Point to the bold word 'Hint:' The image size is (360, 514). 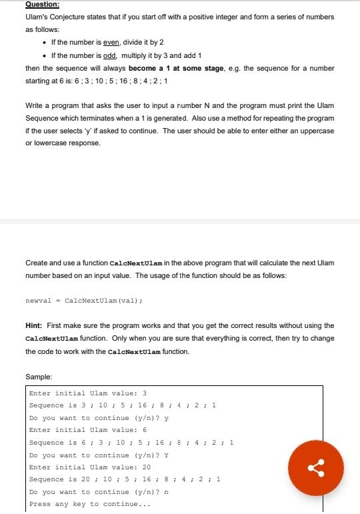tap(34, 325)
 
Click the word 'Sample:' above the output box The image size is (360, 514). tap(38, 377)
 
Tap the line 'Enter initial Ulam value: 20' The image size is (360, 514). tap(90, 467)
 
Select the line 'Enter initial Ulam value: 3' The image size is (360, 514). tap(88, 393)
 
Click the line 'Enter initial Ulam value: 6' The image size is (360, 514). tap(88, 430)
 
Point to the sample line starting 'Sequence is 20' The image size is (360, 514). tap(123, 479)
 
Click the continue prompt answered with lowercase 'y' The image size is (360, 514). tap(99, 417)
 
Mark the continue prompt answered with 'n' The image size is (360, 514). tap(99, 492)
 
